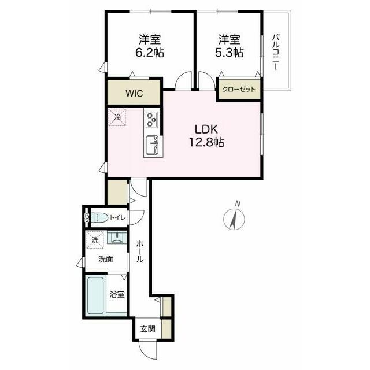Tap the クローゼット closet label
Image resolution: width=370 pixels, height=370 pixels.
point(239,90)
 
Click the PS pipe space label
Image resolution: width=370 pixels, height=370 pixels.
point(87,218)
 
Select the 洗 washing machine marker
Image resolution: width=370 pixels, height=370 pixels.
point(94,237)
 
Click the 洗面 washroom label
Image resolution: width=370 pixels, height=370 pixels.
point(105,259)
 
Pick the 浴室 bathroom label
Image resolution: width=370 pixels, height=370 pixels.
point(117,294)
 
